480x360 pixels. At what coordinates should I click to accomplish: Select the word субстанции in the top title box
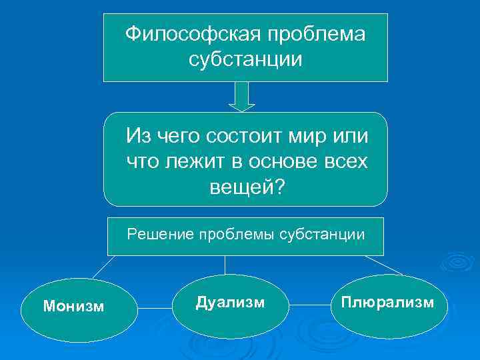pyautogui.click(x=245, y=59)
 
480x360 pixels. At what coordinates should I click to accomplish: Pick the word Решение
pyautogui.click(x=157, y=234)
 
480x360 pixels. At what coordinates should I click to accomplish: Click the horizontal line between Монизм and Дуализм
pyautogui.click(x=155, y=308)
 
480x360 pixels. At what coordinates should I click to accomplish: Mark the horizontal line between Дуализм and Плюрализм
pyautogui.click(x=311, y=305)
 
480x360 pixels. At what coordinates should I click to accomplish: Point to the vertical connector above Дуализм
pyautogui.click(x=225, y=265)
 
